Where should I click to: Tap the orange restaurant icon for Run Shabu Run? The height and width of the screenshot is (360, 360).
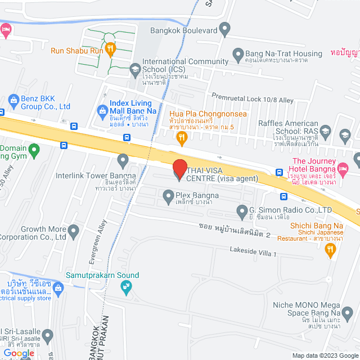(110, 49)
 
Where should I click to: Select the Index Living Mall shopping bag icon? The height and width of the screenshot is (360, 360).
(102, 110)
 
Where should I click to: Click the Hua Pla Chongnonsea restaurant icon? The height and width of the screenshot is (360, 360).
(181, 137)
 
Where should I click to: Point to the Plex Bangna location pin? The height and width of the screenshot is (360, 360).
(168, 196)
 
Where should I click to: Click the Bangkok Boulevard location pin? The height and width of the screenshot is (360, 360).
(224, 28)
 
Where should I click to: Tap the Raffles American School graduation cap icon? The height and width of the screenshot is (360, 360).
(344, 134)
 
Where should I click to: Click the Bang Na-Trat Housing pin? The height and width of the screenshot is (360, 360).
(237, 54)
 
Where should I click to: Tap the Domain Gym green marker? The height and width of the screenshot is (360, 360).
(34, 150)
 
